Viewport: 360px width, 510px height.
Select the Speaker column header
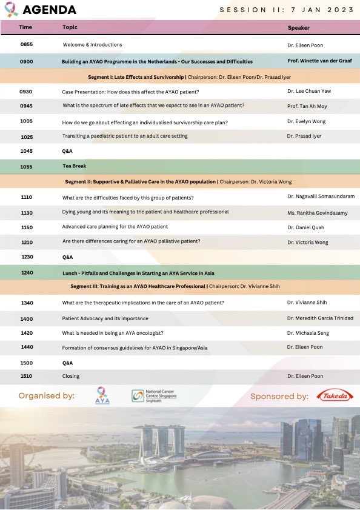click(298, 28)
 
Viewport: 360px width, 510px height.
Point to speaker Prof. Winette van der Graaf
click(319, 61)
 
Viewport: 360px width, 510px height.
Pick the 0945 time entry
click(27, 106)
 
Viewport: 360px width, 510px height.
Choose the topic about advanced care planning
click(115, 227)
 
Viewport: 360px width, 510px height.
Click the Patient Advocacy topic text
click(105, 318)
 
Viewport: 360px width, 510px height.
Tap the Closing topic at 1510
click(71, 376)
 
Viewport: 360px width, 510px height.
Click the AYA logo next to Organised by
click(102, 396)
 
